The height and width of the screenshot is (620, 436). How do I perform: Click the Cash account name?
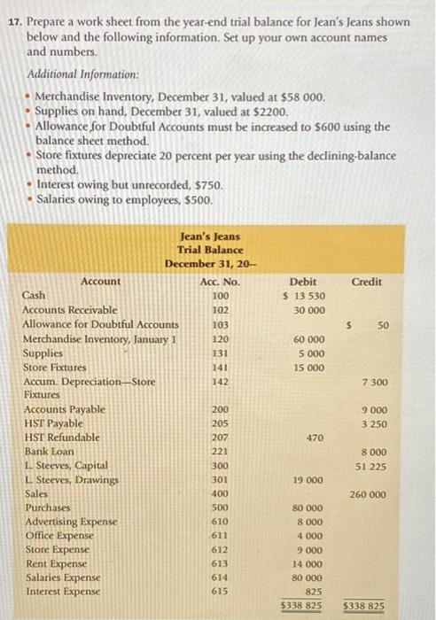coord(35,295)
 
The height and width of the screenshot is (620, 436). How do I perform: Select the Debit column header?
coord(303,281)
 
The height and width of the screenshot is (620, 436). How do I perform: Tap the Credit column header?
coord(367,281)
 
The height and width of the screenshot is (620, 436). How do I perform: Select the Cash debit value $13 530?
coord(302,296)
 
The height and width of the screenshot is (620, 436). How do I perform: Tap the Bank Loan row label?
coord(44,452)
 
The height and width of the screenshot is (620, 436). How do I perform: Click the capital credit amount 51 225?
coord(371,465)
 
